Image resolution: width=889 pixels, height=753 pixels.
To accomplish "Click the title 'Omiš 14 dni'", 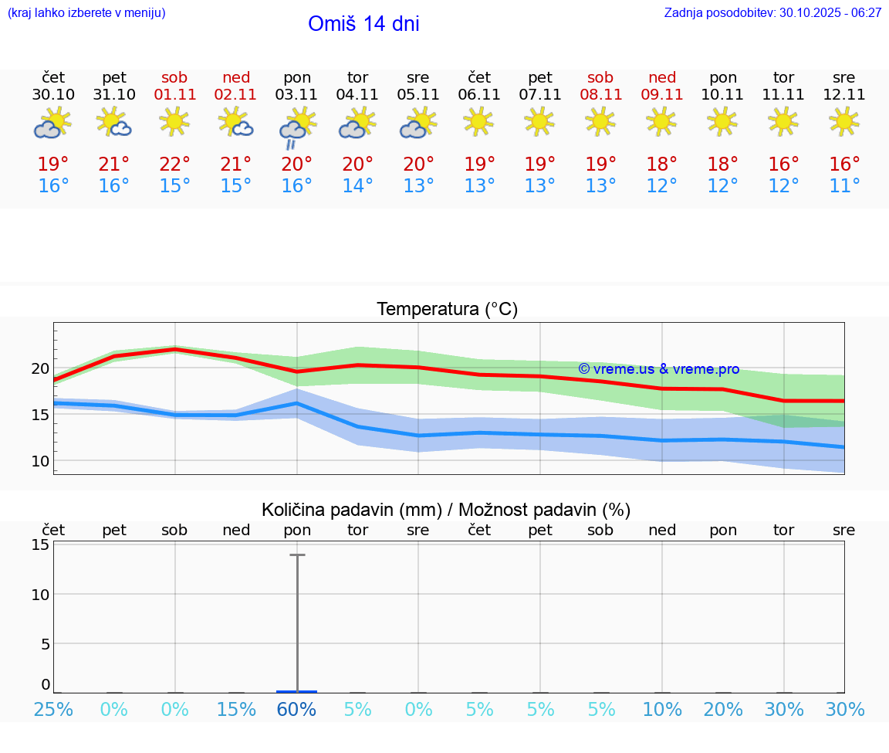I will pos(363,24).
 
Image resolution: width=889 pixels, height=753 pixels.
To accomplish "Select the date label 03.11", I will pos(297,95).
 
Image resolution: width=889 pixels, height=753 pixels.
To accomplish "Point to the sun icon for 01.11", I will pos(175,121).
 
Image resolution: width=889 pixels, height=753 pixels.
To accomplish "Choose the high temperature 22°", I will pos(175,165).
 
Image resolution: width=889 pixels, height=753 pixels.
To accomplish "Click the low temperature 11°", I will pos(844,186).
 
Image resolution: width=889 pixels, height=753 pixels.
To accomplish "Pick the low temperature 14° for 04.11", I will pos(357,186).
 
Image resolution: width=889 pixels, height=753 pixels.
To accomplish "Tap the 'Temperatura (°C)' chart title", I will pos(447,310).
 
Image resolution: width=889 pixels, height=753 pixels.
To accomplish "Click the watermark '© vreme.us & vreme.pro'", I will pos(659,369).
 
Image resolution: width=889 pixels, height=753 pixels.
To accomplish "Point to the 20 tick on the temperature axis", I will pos(40,368).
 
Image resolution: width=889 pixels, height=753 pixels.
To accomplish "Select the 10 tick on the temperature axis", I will pos(40,462).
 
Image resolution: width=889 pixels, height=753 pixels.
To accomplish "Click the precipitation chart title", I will pos(446,510).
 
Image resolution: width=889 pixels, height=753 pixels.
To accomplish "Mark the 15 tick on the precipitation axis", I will pos(40,544).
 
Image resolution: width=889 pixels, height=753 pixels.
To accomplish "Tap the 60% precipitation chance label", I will pos(297,710).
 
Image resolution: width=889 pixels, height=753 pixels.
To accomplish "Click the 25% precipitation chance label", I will pos(53,710).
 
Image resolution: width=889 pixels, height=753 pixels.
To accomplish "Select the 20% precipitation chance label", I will pos(723,710).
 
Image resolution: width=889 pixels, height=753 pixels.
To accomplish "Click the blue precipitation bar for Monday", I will pos(297,691).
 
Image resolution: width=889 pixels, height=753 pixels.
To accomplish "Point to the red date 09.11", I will pos(662,95).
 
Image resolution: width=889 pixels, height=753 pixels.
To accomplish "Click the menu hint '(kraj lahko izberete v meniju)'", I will pos(86,13).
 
